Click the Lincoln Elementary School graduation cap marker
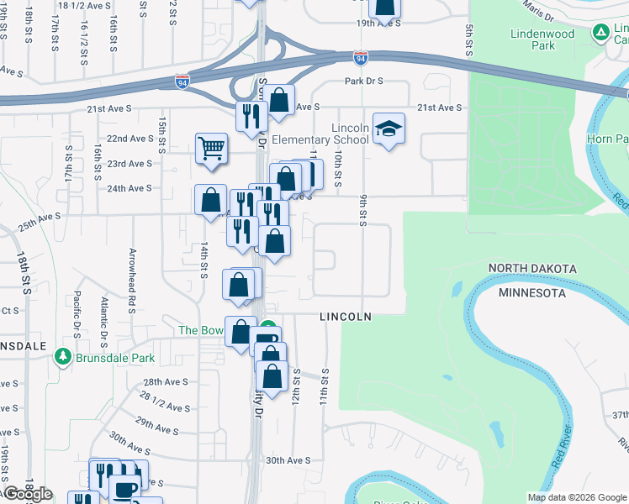[x=388, y=129]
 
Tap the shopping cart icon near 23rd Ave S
[x=211, y=149]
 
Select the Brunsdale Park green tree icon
[x=62, y=357]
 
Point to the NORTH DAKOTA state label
[x=533, y=269]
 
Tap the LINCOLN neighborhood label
[x=345, y=317]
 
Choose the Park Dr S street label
[x=363, y=81]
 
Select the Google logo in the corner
[x=28, y=494]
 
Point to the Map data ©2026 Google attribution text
[x=576, y=497]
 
